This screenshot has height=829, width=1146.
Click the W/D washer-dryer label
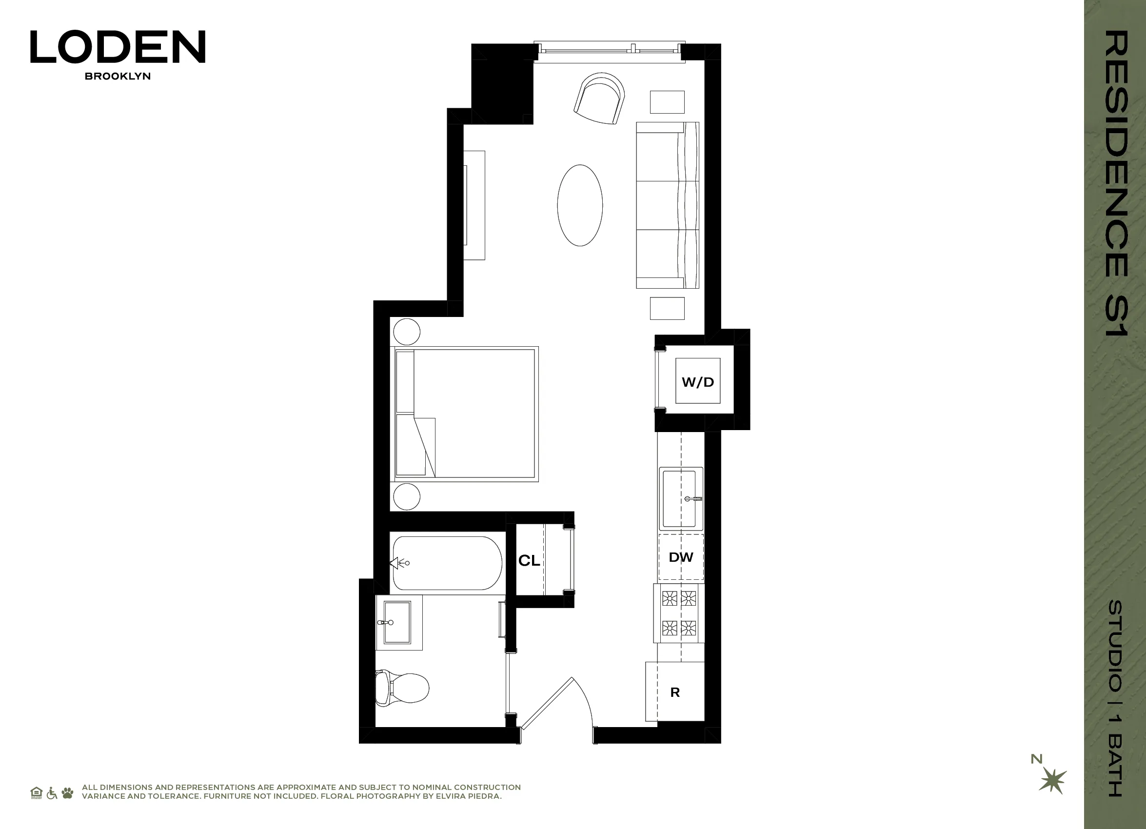click(697, 382)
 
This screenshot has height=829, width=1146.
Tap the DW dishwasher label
click(681, 557)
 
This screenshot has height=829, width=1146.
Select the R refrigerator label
click(674, 692)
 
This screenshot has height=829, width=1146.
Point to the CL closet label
click(529, 560)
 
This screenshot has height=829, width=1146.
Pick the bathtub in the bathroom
click(447, 563)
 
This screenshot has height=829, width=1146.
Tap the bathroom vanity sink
click(397, 622)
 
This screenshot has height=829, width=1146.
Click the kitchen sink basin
click(680, 498)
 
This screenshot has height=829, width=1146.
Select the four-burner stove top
click(679, 613)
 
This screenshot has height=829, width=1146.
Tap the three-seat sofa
click(667, 205)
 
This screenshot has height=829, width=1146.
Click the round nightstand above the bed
click(406, 332)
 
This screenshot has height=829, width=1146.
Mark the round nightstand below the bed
click(406, 496)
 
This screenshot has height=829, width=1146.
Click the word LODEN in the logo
click(118, 47)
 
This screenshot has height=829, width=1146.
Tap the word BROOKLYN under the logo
click(118, 76)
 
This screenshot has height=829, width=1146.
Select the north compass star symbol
click(1053, 781)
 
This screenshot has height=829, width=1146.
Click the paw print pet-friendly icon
click(67, 793)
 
